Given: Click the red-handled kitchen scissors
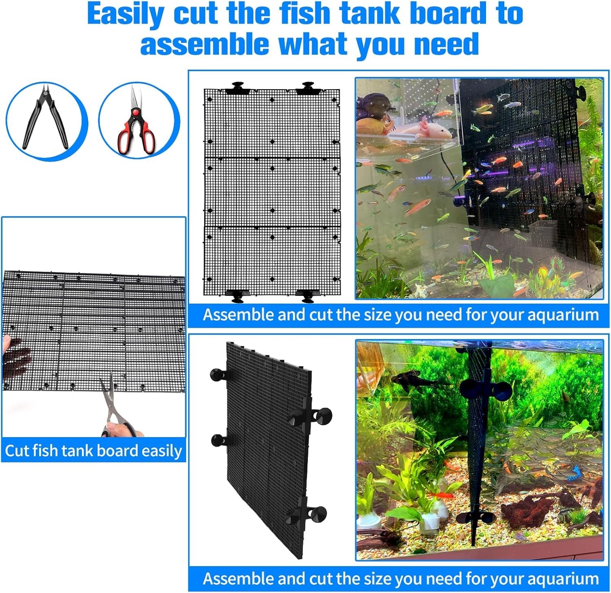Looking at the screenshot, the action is (x=136, y=120).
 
